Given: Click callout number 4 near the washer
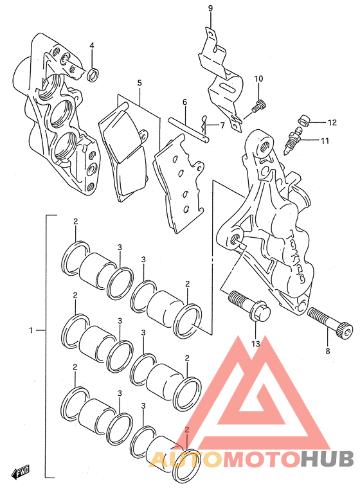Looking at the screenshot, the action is [92, 46].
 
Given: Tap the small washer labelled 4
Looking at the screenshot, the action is [93, 75].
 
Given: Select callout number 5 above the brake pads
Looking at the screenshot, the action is [139, 83].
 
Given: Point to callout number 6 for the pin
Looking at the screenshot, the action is [184, 102].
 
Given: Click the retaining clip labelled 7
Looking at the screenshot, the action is [203, 124].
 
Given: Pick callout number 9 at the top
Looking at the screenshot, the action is [210, 8].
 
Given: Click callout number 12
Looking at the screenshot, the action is [332, 123].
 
